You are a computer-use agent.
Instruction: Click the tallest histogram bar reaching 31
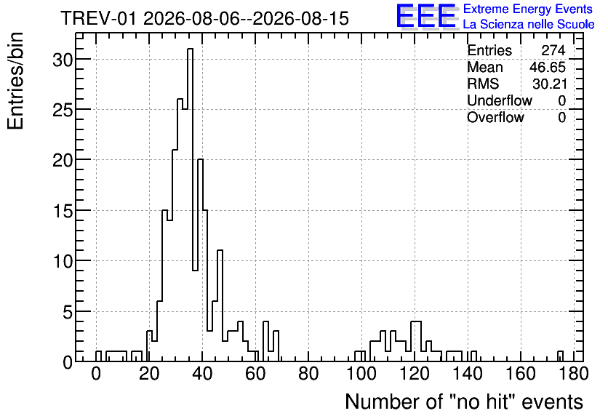pos(190,205)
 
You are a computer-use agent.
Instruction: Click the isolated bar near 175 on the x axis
pos(560,356)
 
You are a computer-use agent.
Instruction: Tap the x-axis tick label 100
pos(361,374)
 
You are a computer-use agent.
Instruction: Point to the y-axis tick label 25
pos(63,110)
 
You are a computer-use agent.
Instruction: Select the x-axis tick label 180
pos(574,374)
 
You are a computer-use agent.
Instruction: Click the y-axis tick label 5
pos(68,312)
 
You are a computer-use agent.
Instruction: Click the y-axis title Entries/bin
pos(15,81)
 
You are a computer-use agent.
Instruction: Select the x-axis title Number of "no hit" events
pos(464,401)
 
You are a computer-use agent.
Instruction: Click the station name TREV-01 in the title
pos(99,18)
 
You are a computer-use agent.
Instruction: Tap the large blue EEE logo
pos(426,16)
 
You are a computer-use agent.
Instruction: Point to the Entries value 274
pos(553,50)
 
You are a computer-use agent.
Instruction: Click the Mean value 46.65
pos(548,67)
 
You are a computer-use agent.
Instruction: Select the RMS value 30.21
pos(550,84)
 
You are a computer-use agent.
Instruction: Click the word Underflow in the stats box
pos(500,100)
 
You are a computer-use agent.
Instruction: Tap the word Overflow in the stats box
pos(495,117)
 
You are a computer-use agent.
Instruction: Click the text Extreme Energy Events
pos(528,9)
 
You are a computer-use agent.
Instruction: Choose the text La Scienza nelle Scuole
pos(529,24)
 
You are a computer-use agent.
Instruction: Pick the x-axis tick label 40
pos(202,374)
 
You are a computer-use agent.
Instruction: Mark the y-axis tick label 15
pos(63,211)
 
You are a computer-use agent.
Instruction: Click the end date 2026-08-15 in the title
pos(300,18)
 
